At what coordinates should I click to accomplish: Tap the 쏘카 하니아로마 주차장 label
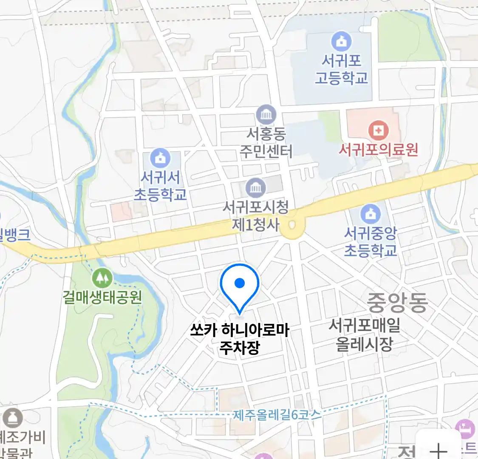239,339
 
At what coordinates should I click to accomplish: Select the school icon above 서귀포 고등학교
341,41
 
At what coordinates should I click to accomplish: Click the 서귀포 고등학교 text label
341,69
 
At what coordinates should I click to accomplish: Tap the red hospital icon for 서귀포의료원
378,130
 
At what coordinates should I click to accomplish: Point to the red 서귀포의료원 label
378,150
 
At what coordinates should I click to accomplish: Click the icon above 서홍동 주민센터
266,115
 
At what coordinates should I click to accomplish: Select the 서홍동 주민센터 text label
266,143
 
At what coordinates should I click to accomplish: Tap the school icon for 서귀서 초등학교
160,158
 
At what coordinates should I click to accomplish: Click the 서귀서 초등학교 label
160,186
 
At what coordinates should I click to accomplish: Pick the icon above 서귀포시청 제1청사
255,187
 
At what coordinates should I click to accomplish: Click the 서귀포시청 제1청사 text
255,215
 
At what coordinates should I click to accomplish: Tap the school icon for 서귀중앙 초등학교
371,214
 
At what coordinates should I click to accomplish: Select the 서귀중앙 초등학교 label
371,241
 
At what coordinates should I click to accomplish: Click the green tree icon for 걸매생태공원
102,278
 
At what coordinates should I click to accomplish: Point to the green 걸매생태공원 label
102,297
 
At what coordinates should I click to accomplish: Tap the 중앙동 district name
397,302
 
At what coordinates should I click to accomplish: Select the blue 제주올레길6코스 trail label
277,414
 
